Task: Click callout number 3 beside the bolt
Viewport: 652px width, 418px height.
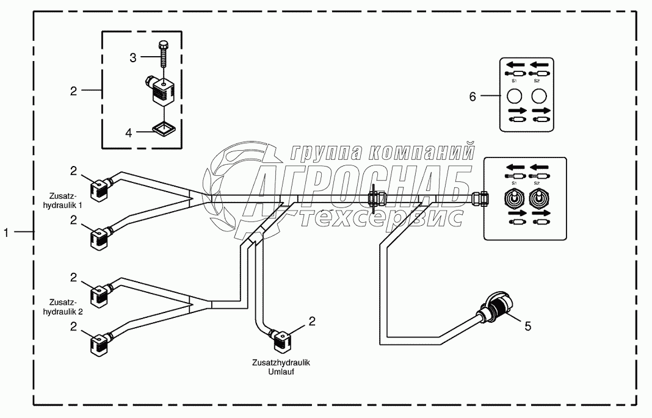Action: pos(132,57)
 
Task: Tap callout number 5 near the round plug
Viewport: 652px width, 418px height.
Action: pos(528,326)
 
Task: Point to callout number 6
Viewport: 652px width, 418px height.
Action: pos(471,96)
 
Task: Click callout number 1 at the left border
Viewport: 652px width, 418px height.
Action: pos(7,231)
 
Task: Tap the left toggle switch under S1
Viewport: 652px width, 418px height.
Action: pos(513,198)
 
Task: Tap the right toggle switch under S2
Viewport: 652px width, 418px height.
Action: pos(537,198)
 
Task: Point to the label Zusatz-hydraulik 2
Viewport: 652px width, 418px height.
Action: pos(63,306)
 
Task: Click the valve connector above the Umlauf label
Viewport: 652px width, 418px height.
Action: pos(281,339)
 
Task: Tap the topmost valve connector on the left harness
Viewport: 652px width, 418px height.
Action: pos(100,186)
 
